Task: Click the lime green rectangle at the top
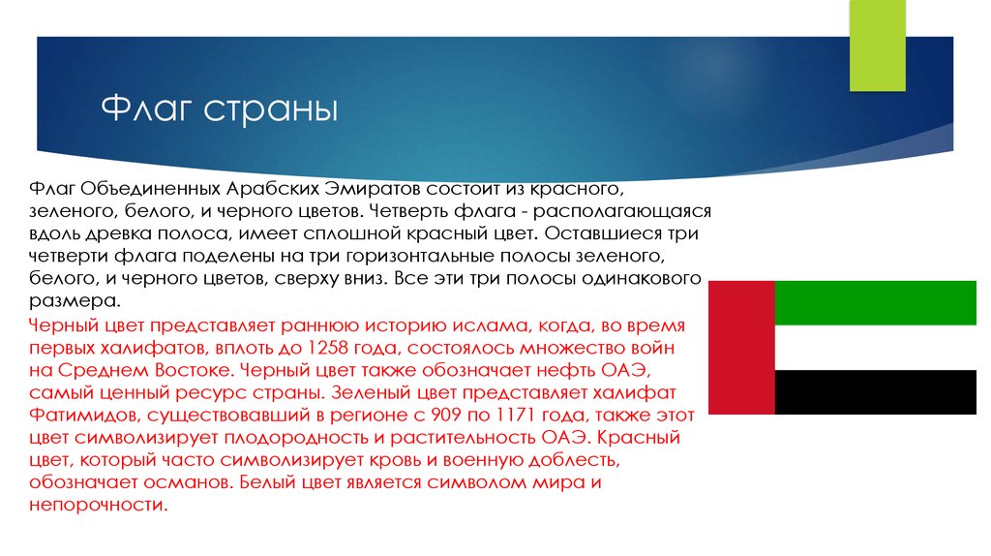[877, 46]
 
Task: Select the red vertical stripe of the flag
[741, 348]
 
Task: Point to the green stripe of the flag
[875, 303]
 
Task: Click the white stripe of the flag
[875, 348]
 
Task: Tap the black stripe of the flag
[875, 392]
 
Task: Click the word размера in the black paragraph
[74, 301]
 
